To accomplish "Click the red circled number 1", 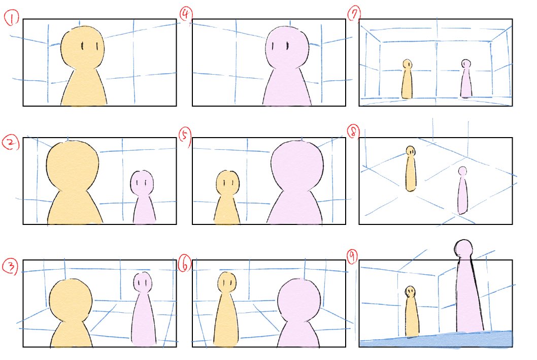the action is (x=12, y=18).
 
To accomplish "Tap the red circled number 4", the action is (x=186, y=15).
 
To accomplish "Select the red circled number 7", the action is (x=354, y=14).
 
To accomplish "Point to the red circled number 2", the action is (x=11, y=143).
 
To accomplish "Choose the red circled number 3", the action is (x=10, y=267).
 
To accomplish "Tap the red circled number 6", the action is (x=185, y=264).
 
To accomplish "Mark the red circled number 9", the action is (x=352, y=257).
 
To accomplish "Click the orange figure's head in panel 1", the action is (x=83, y=47).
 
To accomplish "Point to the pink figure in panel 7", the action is (x=466, y=79).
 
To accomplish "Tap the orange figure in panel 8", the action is (x=411, y=169).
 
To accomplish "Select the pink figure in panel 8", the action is (x=463, y=190).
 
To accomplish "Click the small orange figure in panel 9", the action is (x=411, y=311).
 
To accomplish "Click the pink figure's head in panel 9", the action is (x=463, y=248).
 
